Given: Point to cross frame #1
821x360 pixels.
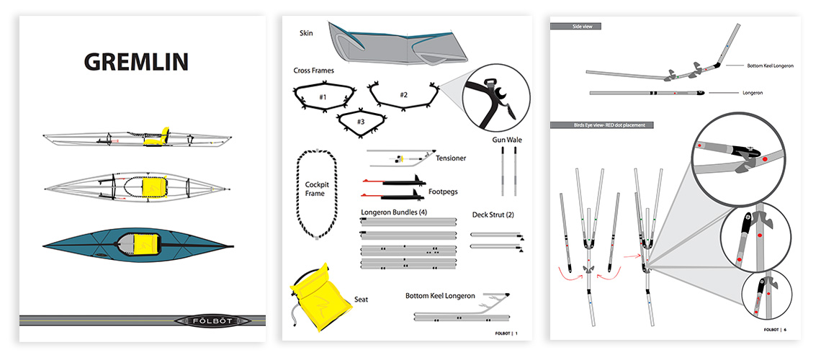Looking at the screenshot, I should (x=323, y=96).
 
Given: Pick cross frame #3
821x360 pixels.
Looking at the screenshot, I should (x=361, y=122).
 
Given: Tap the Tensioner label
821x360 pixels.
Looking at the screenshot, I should (x=451, y=158).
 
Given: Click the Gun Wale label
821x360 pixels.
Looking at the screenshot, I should (x=506, y=138).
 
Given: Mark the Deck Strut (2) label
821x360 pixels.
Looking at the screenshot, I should (x=498, y=215).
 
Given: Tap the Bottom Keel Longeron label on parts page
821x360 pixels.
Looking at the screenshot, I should (x=440, y=296).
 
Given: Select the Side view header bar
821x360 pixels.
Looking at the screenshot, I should (x=575, y=26).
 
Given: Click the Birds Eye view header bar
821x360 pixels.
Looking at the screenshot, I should (x=602, y=125).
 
